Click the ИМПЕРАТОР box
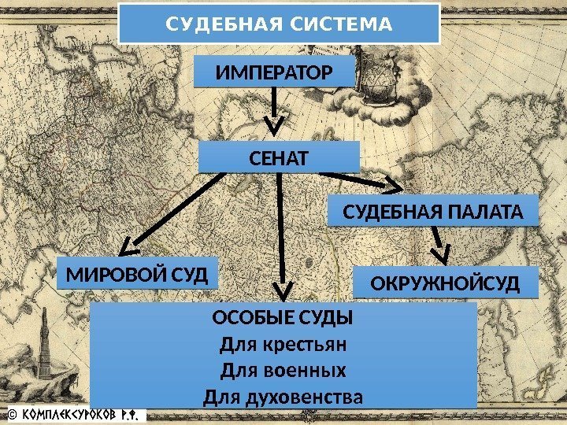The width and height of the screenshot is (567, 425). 274,74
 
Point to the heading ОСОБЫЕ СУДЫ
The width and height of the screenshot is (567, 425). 283,319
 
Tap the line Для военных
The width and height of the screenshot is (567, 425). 283,370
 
